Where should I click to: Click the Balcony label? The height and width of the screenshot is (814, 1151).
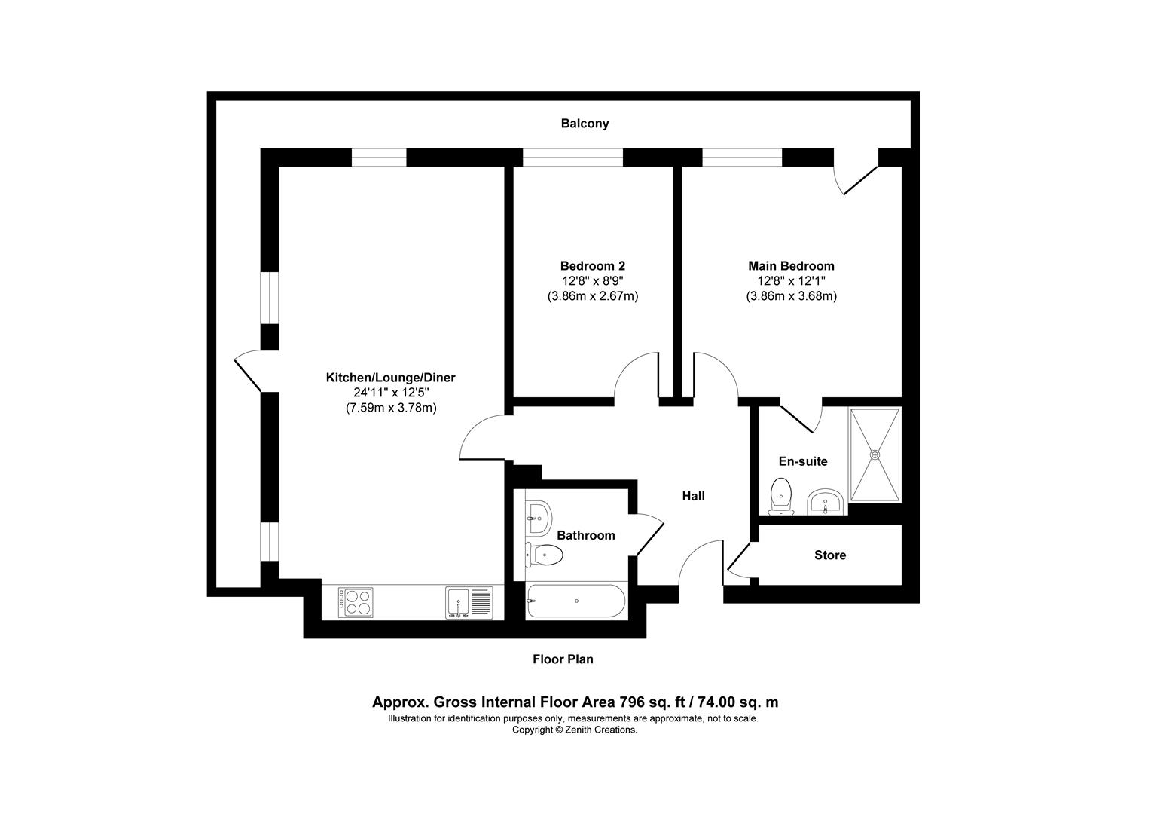(584, 124)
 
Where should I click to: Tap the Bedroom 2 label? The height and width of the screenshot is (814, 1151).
(592, 266)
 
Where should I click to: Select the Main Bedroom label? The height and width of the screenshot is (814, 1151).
(791, 266)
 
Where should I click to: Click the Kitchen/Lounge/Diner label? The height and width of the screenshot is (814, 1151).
(390, 378)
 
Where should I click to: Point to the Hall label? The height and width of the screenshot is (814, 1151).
(693, 496)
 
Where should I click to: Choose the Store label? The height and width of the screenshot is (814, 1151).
(829, 555)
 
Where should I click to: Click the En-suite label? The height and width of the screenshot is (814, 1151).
(802, 461)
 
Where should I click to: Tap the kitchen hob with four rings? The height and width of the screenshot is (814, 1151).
(356, 601)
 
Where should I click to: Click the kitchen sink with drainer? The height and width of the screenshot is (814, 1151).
(468, 603)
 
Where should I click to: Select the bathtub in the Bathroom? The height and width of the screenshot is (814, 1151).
(575, 601)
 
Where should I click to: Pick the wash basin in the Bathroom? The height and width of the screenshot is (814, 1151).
(538, 515)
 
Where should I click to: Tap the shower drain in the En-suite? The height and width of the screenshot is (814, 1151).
(875, 455)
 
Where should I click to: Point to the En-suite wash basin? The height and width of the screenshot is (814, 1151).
(826, 501)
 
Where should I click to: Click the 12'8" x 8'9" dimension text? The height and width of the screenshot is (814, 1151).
(592, 281)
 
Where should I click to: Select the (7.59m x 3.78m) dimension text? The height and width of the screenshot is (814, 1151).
(391, 408)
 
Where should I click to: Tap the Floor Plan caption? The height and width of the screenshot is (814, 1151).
(563, 659)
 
